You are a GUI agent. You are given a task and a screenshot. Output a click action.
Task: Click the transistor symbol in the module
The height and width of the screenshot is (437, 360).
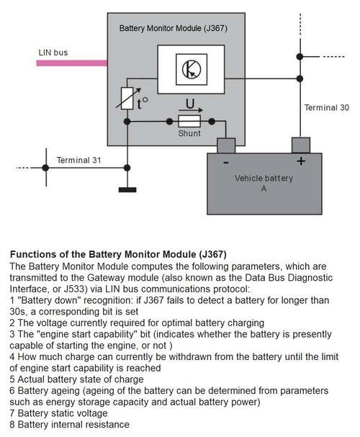click(x=192, y=69)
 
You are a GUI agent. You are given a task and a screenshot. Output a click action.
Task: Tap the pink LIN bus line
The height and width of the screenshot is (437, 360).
click(x=71, y=63)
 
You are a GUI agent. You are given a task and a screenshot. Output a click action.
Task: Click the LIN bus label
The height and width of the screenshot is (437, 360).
click(x=53, y=53)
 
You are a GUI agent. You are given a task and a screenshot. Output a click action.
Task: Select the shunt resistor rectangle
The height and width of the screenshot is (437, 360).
click(x=189, y=121)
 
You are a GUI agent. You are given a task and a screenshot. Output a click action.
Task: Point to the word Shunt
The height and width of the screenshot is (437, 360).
click(x=189, y=133)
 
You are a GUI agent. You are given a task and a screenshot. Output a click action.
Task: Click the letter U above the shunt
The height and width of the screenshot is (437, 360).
click(x=190, y=104)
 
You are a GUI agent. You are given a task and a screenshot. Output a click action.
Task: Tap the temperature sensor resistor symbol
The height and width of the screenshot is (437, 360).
click(x=127, y=98)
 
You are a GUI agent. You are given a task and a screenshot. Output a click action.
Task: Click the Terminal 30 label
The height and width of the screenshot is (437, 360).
click(x=327, y=107)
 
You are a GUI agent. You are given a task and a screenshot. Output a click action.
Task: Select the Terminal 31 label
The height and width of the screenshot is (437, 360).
click(x=78, y=160)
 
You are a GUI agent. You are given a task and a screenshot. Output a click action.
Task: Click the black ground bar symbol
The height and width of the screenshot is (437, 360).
click(x=127, y=190)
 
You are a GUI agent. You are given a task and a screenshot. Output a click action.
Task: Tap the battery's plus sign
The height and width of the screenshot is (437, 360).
click(x=301, y=161)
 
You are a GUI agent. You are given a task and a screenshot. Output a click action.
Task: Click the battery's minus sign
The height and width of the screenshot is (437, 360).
click(x=226, y=162)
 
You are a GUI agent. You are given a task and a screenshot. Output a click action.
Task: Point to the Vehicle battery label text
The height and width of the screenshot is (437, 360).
click(x=264, y=178)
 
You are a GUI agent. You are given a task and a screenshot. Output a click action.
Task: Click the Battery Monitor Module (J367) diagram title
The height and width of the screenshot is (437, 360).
click(x=174, y=28)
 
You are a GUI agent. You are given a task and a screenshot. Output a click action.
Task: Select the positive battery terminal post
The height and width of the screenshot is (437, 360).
click(x=301, y=145)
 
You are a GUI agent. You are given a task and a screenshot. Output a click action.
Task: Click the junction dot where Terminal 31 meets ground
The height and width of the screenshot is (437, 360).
click(x=127, y=168)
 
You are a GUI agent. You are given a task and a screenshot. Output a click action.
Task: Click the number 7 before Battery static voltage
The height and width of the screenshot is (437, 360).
click(x=12, y=413)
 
